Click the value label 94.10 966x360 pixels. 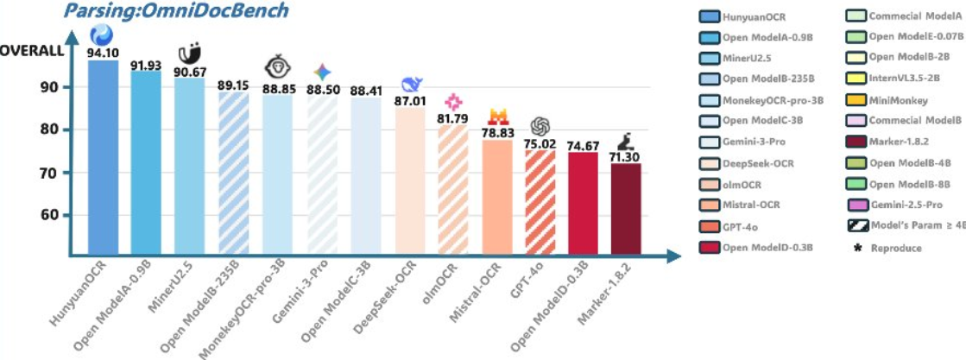click(104, 52)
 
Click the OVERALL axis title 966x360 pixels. click(31, 50)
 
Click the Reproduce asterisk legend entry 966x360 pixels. click(889, 247)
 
